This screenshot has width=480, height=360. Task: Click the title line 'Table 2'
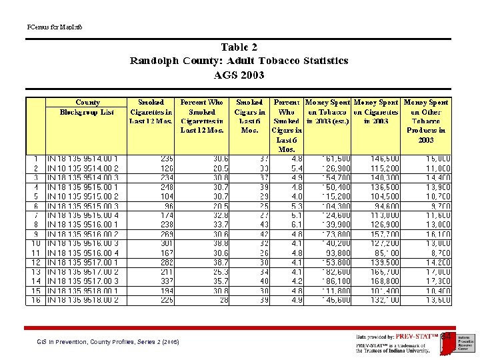(239, 47)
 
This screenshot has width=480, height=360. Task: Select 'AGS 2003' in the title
(239, 75)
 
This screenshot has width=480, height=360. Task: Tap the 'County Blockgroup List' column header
(87, 107)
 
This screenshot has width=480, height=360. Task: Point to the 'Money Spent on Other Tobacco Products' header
(425, 121)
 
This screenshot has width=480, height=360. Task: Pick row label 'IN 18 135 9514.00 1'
(83, 159)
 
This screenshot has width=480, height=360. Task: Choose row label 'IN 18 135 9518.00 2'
(83, 301)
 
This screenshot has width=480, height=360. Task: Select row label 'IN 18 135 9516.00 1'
(83, 225)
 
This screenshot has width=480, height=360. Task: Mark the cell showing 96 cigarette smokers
(167, 207)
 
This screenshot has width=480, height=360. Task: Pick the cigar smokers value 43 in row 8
(264, 225)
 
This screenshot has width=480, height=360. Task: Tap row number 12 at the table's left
(35, 263)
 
